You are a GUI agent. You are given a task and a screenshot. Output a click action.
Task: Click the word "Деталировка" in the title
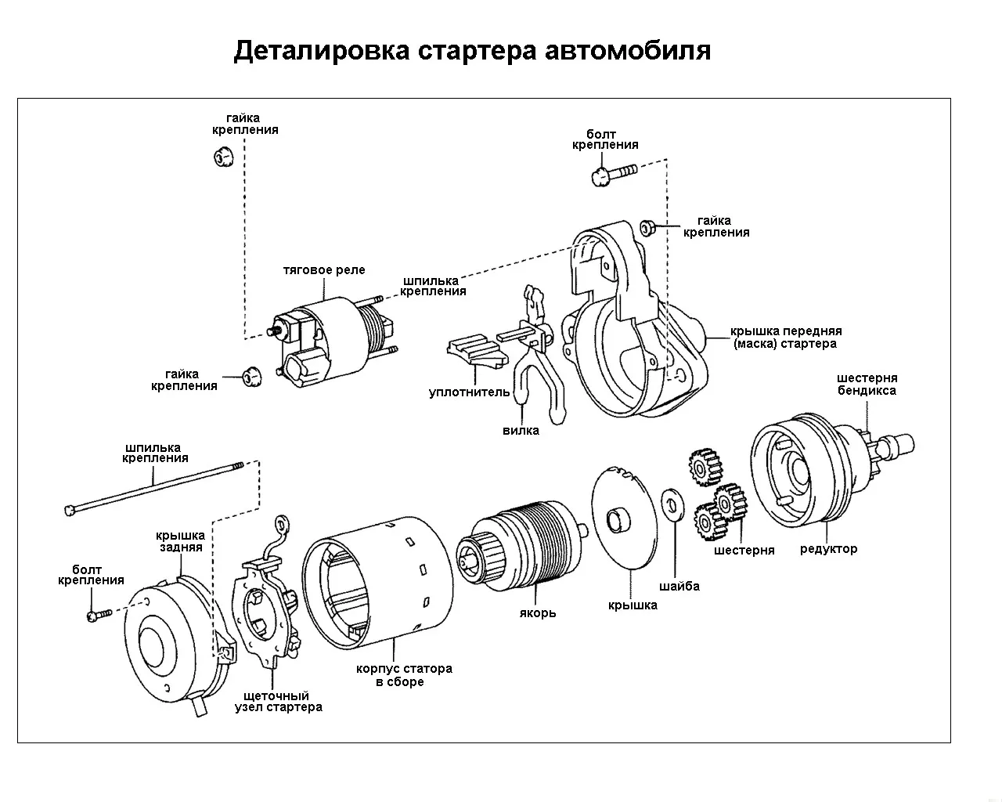pyautogui.click(x=321, y=51)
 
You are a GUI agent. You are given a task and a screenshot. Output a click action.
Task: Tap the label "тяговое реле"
pyautogui.click(x=324, y=270)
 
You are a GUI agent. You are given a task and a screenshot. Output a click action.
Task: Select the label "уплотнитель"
pyautogui.click(x=469, y=392)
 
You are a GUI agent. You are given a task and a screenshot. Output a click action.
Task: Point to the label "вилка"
pyautogui.click(x=521, y=430)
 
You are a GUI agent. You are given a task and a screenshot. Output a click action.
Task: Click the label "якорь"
pyautogui.click(x=538, y=612)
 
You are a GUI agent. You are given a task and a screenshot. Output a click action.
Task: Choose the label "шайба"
pyautogui.click(x=679, y=586)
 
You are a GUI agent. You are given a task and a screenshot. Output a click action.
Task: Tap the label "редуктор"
pyautogui.click(x=828, y=549)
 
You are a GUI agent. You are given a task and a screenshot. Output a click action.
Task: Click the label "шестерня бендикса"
pyautogui.click(x=867, y=384)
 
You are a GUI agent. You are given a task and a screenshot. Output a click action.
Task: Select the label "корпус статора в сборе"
pyautogui.click(x=404, y=675)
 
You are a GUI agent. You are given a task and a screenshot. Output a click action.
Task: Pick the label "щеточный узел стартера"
pyautogui.click(x=278, y=701)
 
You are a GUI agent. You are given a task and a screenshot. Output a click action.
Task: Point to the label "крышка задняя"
pyautogui.click(x=181, y=541)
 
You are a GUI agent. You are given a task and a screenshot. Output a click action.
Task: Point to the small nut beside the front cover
pyautogui.click(x=647, y=227)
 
